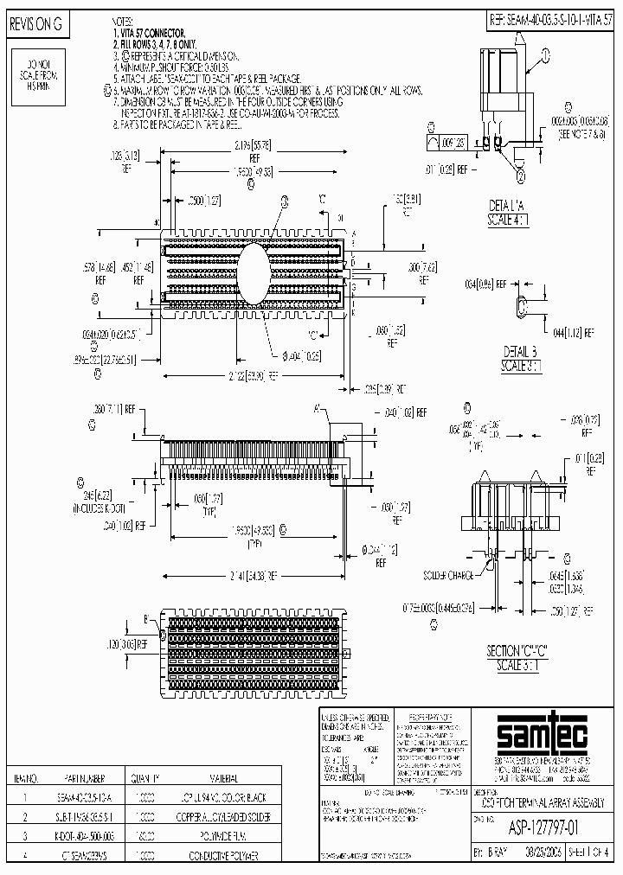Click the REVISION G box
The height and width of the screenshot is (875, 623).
(x=37, y=25)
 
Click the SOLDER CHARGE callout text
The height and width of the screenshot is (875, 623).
(x=446, y=575)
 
